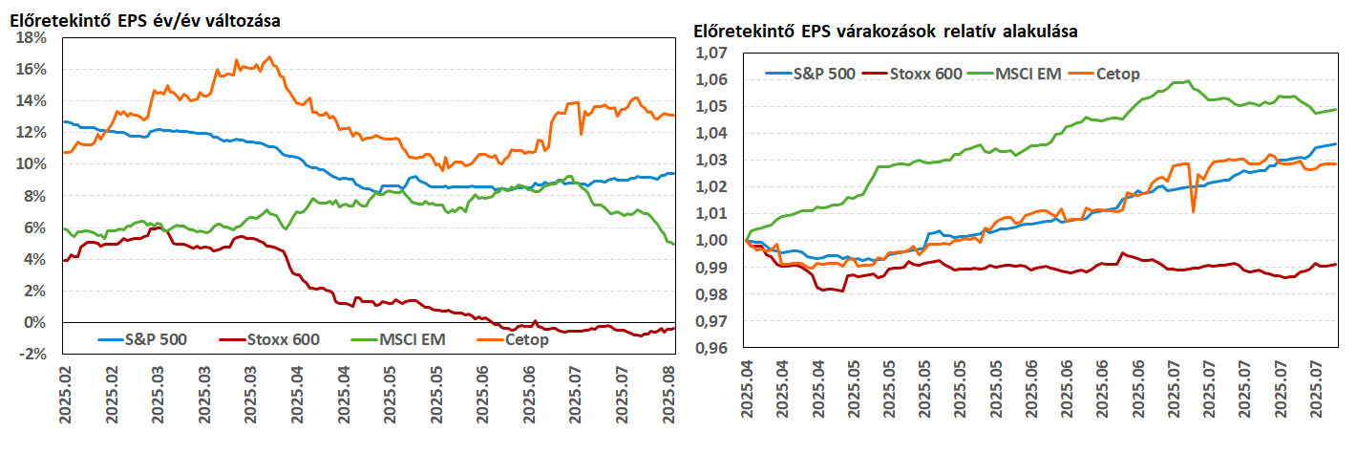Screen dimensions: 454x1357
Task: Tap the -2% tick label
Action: pos(34,354)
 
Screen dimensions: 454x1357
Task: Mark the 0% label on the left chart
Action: pos(38,322)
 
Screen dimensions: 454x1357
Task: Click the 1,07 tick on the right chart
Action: pos(712,54)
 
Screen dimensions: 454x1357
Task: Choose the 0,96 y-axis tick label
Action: pos(712,349)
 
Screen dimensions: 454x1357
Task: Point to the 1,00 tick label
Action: pos(712,242)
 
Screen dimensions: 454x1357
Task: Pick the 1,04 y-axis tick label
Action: pos(712,134)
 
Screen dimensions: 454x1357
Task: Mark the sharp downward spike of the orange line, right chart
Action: pos(1194,210)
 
